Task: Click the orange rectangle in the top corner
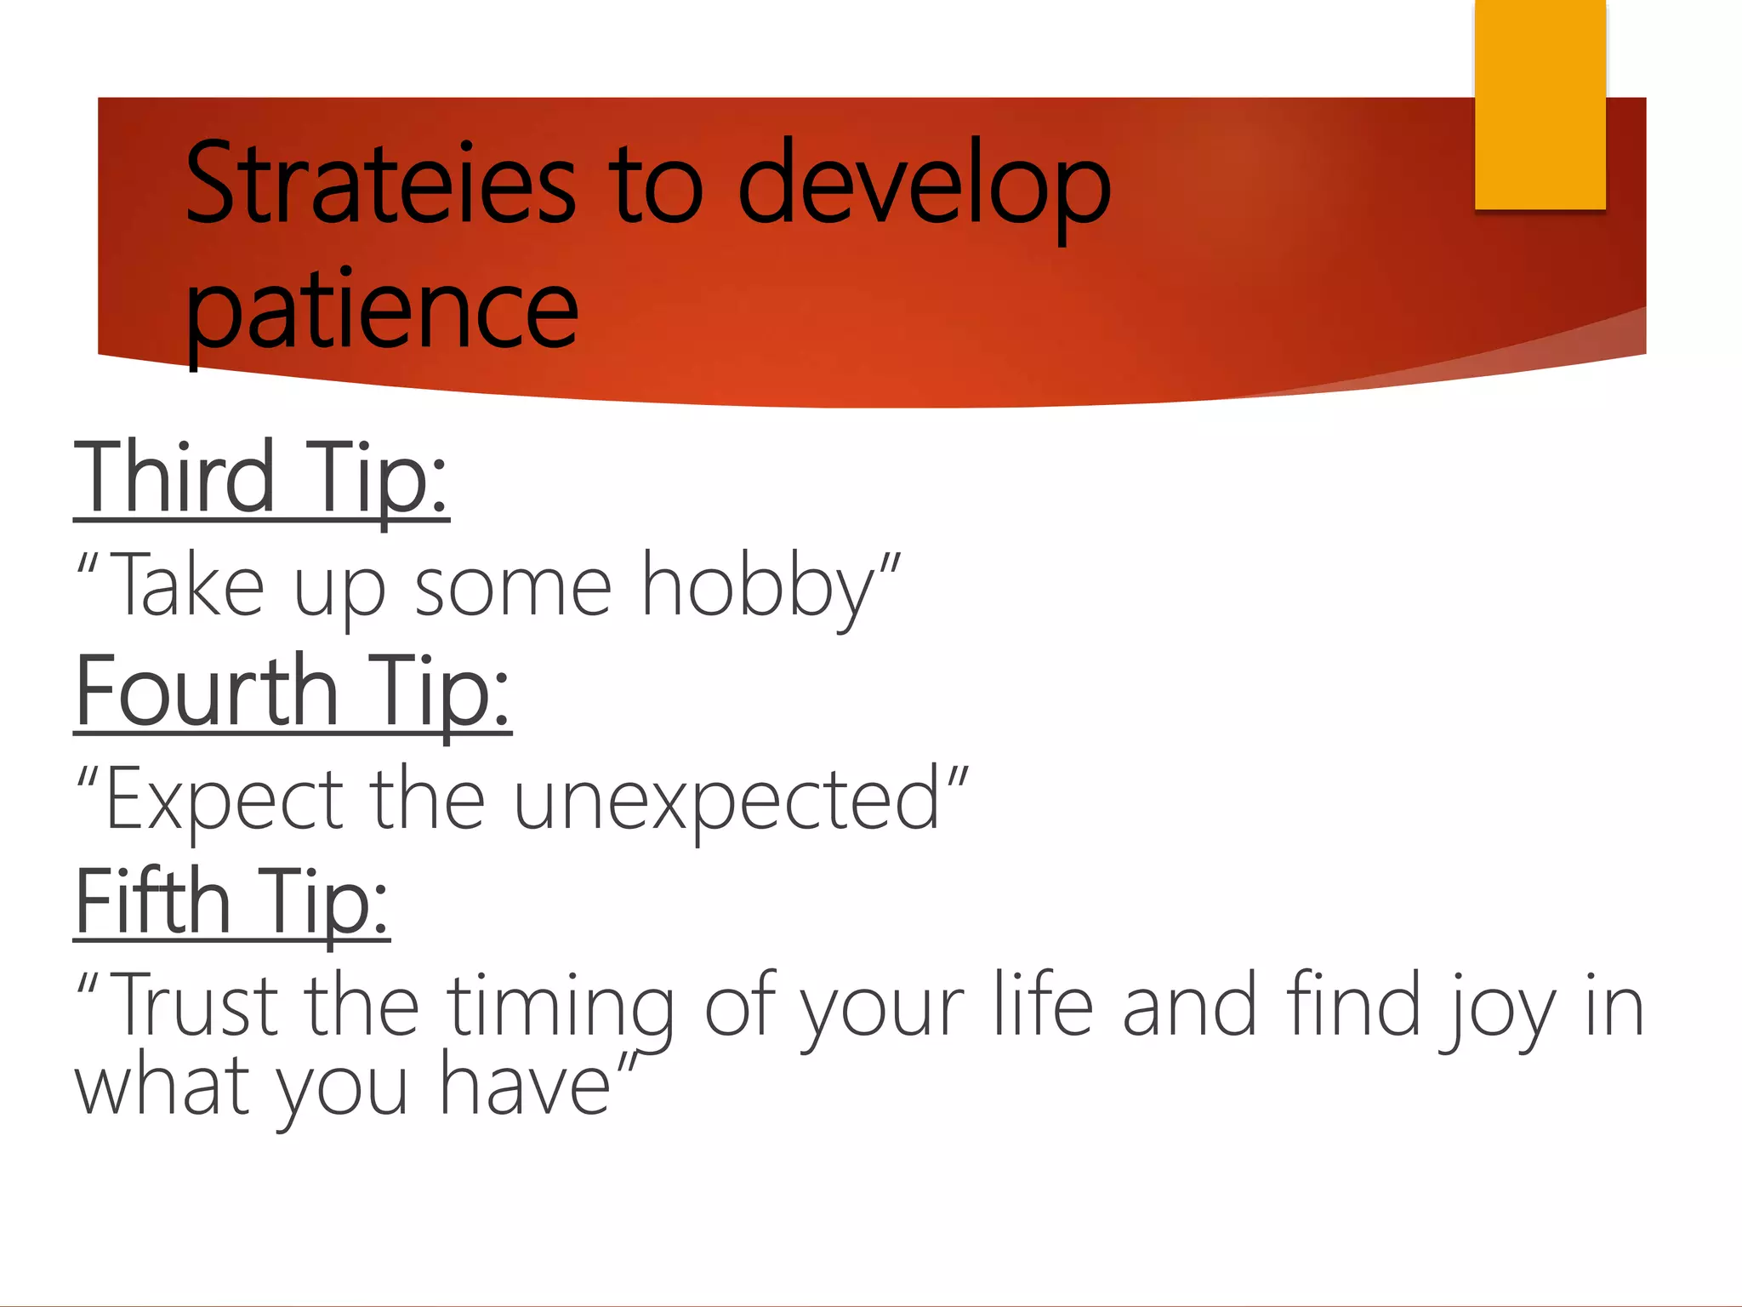click(x=1540, y=104)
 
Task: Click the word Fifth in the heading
click(x=153, y=901)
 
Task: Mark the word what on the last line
click(x=162, y=1087)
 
